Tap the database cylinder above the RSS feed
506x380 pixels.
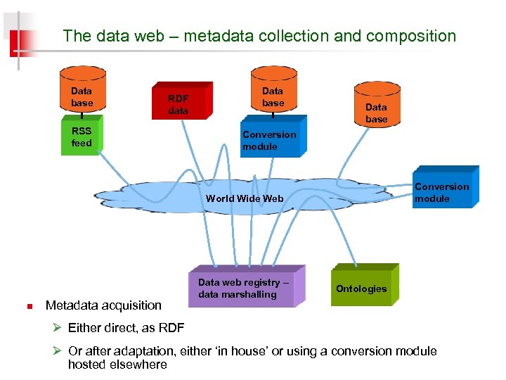pyautogui.click(x=82, y=92)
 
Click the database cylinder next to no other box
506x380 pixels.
pyautogui.click(x=376, y=106)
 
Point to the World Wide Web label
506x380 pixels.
pyautogui.click(x=245, y=198)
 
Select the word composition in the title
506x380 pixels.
pyautogui.click(x=408, y=36)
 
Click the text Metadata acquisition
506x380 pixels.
pyautogui.click(x=103, y=305)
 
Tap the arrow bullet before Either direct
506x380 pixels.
pyautogui.click(x=60, y=328)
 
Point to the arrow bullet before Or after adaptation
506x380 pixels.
pyautogui.click(x=60, y=350)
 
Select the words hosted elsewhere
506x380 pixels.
pyautogui.click(x=117, y=365)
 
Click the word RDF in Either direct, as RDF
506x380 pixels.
pyautogui.click(x=171, y=328)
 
